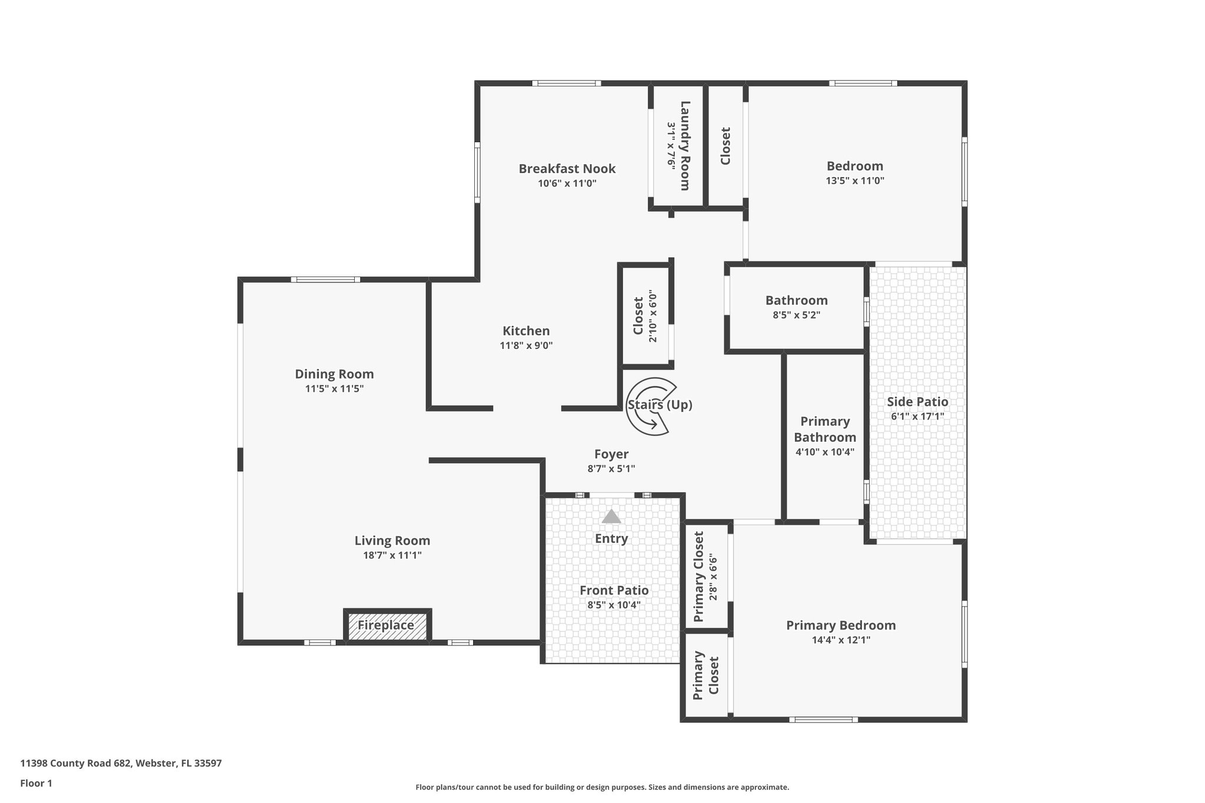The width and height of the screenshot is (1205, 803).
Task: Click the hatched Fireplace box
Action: pyautogui.click(x=387, y=626)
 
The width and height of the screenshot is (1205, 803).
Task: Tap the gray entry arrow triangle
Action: pyautogui.click(x=611, y=517)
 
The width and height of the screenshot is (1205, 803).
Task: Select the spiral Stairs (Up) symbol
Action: pyautogui.click(x=650, y=407)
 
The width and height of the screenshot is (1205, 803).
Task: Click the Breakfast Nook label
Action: pyautogui.click(x=567, y=169)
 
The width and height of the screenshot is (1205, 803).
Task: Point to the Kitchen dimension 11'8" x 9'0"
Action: pyautogui.click(x=526, y=346)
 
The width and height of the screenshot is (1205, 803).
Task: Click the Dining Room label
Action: pyautogui.click(x=334, y=374)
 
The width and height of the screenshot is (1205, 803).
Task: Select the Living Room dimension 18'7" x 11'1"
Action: pyautogui.click(x=392, y=555)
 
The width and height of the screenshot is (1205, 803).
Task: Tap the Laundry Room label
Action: pyautogui.click(x=685, y=145)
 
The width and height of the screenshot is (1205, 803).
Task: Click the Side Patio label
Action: pyautogui.click(x=917, y=402)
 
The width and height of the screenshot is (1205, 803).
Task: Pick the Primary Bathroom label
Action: pyautogui.click(x=825, y=429)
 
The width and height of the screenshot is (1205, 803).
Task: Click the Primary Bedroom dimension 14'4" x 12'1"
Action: pyautogui.click(x=841, y=640)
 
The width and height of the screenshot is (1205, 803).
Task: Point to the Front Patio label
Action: pyautogui.click(x=614, y=591)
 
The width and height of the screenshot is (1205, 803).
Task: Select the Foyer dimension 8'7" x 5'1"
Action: pyautogui.click(x=611, y=469)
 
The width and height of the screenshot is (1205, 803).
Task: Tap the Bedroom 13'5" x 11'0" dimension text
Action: pyautogui.click(x=854, y=181)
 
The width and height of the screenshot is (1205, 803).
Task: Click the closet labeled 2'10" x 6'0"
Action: pyautogui.click(x=644, y=315)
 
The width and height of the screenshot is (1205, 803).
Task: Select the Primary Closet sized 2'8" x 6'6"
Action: pyautogui.click(x=705, y=577)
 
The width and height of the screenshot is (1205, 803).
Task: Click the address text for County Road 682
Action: pyautogui.click(x=121, y=764)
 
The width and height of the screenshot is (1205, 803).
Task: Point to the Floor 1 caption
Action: pyautogui.click(x=36, y=783)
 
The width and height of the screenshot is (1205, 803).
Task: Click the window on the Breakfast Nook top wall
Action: pyautogui.click(x=566, y=84)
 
